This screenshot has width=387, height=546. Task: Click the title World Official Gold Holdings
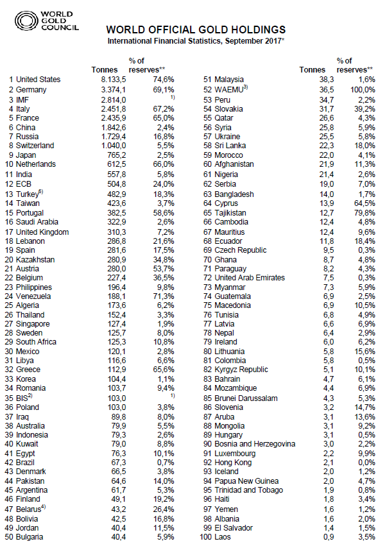(x=196, y=30)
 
